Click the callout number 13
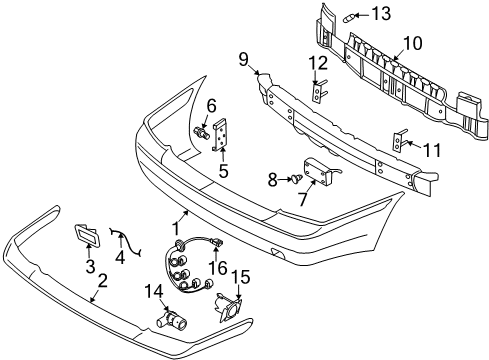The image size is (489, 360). (381, 14)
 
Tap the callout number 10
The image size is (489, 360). (412, 43)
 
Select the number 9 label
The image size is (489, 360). (244, 60)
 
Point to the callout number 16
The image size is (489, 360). (218, 268)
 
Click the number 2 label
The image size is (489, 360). (103, 281)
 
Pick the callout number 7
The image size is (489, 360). (303, 199)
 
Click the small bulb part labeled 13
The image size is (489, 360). (348, 17)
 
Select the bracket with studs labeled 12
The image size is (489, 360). (318, 91)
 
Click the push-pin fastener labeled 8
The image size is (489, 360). (296, 178)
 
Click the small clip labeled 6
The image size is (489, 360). (202, 132)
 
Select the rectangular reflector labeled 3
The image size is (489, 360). (87, 234)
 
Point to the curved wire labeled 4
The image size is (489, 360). (125, 242)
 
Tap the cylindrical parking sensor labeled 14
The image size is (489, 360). (171, 319)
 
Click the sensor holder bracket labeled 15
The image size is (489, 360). (228, 309)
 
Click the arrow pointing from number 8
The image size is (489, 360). (285, 179)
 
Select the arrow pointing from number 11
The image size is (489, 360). (414, 145)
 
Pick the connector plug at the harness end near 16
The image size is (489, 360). (217, 243)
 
